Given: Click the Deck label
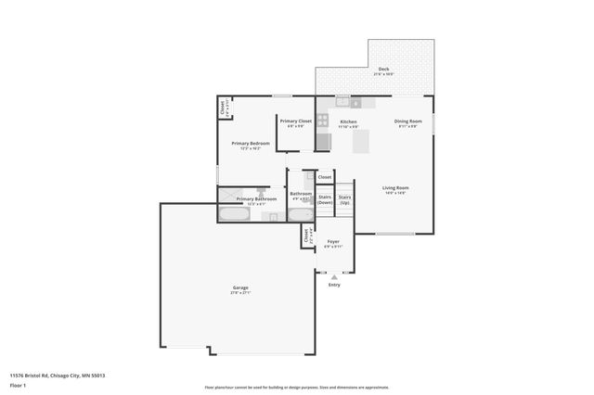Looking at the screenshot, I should [x=384, y=70].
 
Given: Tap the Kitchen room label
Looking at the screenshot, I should [x=348, y=121].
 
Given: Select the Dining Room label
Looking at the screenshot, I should [x=408, y=121].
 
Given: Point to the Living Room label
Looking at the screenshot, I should [x=396, y=188].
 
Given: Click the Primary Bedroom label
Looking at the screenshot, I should [x=251, y=144].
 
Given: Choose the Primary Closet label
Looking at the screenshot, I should [x=296, y=121].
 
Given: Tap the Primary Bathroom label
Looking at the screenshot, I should [x=256, y=198].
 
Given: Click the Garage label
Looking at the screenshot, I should [x=240, y=288].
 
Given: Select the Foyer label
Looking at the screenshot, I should [x=332, y=242].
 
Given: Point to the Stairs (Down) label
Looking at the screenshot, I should [x=325, y=199].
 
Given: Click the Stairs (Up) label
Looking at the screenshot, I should [x=344, y=199].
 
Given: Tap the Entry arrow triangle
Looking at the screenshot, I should [x=334, y=276].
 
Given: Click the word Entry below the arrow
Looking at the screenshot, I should [x=334, y=285].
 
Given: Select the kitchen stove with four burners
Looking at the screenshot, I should [x=322, y=120].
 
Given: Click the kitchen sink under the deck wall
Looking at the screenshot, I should [x=343, y=102].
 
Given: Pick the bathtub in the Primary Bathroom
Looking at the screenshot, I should [x=233, y=215].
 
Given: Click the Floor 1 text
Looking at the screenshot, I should [x=19, y=384].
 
